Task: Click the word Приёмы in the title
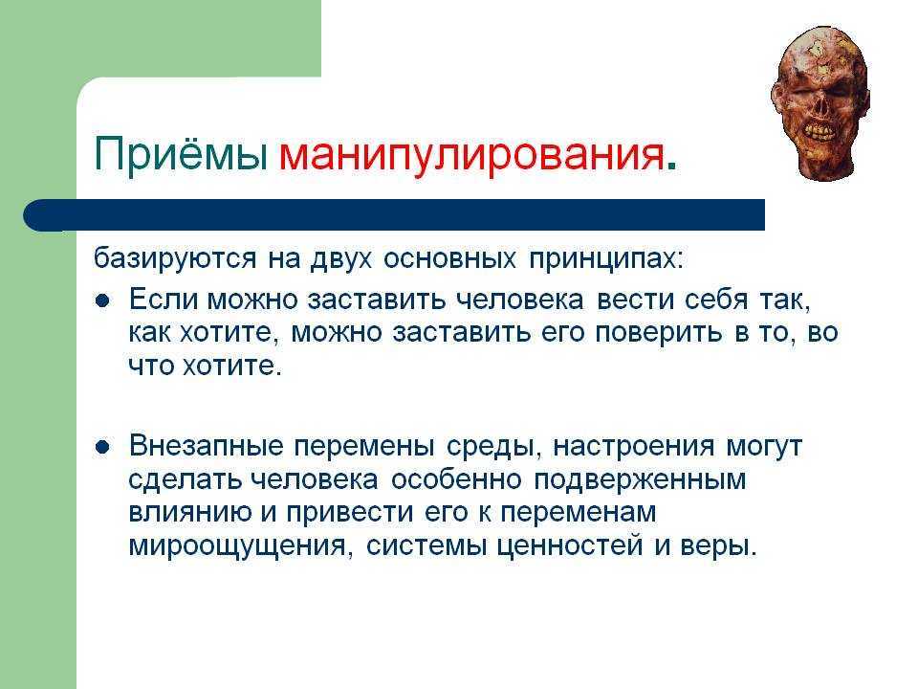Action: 181,153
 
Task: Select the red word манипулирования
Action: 471,155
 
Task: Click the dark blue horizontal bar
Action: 394,215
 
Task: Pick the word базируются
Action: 175,258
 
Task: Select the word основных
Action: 449,258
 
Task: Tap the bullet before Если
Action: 102,301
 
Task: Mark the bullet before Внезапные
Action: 102,448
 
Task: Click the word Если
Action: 163,299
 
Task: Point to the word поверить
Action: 659,333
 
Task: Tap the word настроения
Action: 633,447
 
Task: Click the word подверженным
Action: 640,479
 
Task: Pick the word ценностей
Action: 570,546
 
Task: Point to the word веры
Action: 718,546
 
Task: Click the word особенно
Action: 456,479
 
